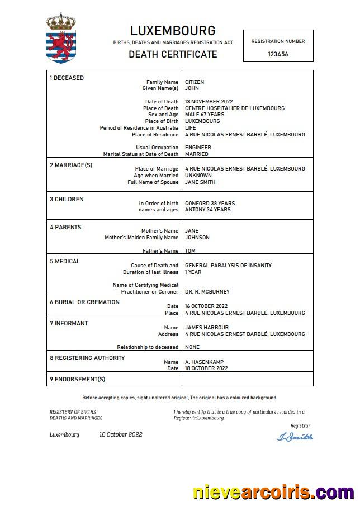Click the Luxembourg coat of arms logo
click(60, 37)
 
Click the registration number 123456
click(278, 55)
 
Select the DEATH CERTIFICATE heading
click(173, 54)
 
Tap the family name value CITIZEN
click(195, 82)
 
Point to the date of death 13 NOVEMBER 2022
click(209, 102)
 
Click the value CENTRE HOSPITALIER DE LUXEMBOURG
click(235, 108)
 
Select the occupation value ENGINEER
click(198, 148)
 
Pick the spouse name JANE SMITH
click(200, 182)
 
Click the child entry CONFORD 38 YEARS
click(210, 204)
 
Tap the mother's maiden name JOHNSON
click(197, 238)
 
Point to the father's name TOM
click(190, 251)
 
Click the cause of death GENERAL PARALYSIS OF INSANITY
click(228, 266)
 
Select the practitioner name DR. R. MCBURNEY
click(207, 292)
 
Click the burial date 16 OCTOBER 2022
click(206, 306)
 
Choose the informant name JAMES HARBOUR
click(207, 328)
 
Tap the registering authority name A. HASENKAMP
click(205, 362)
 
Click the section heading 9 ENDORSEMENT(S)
click(77, 380)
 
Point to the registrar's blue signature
click(295, 437)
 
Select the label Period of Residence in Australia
click(139, 128)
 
